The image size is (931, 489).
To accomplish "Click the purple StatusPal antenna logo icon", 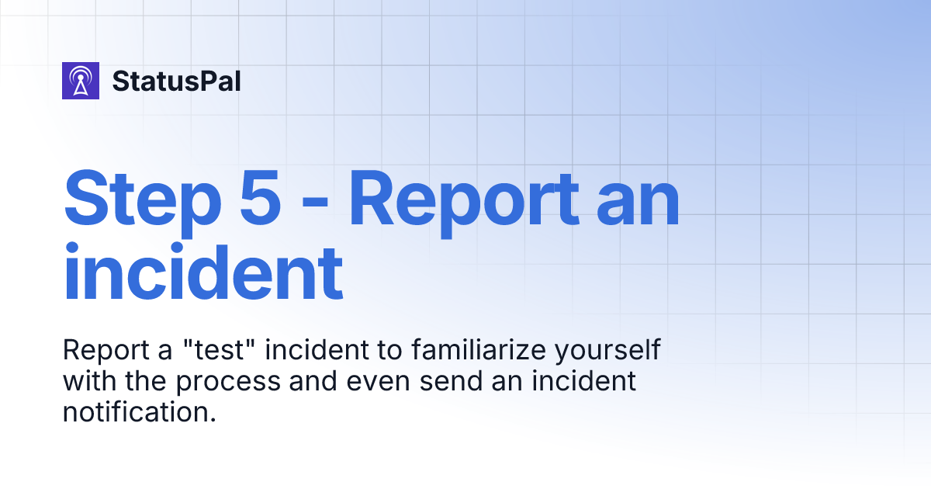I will click(x=81, y=81).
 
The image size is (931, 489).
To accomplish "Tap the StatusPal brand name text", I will click(x=176, y=81).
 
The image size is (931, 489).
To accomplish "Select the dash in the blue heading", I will click(x=315, y=203).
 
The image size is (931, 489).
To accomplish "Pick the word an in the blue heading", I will click(x=635, y=203).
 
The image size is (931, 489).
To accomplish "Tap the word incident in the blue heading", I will click(x=203, y=272).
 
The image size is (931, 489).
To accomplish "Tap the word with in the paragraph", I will click(x=86, y=381).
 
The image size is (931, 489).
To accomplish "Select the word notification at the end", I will click(x=138, y=412).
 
